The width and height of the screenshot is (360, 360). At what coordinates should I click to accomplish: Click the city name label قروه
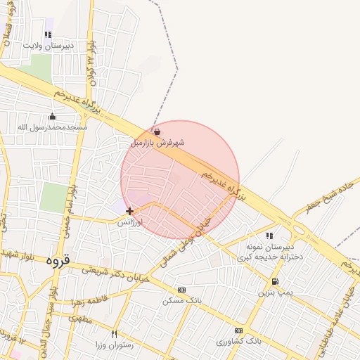(58, 261)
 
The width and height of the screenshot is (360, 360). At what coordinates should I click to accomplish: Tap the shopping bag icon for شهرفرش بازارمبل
(157, 131)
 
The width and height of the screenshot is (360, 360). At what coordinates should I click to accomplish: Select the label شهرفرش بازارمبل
(157, 143)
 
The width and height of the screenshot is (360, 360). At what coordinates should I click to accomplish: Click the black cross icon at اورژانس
(129, 211)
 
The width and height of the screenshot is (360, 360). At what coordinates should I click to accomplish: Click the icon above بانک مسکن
(181, 290)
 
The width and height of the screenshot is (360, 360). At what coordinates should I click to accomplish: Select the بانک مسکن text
(182, 300)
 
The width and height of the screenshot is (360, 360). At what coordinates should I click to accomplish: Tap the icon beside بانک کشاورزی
(238, 330)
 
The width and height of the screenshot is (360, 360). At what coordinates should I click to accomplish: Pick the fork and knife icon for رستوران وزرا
(114, 334)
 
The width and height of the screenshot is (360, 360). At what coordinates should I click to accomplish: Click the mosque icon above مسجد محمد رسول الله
(52, 117)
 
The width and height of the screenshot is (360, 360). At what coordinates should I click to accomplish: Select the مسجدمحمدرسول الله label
(52, 127)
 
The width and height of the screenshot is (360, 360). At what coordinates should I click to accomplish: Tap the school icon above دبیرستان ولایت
(48, 34)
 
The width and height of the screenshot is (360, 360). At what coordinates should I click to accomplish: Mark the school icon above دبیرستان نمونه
(269, 236)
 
